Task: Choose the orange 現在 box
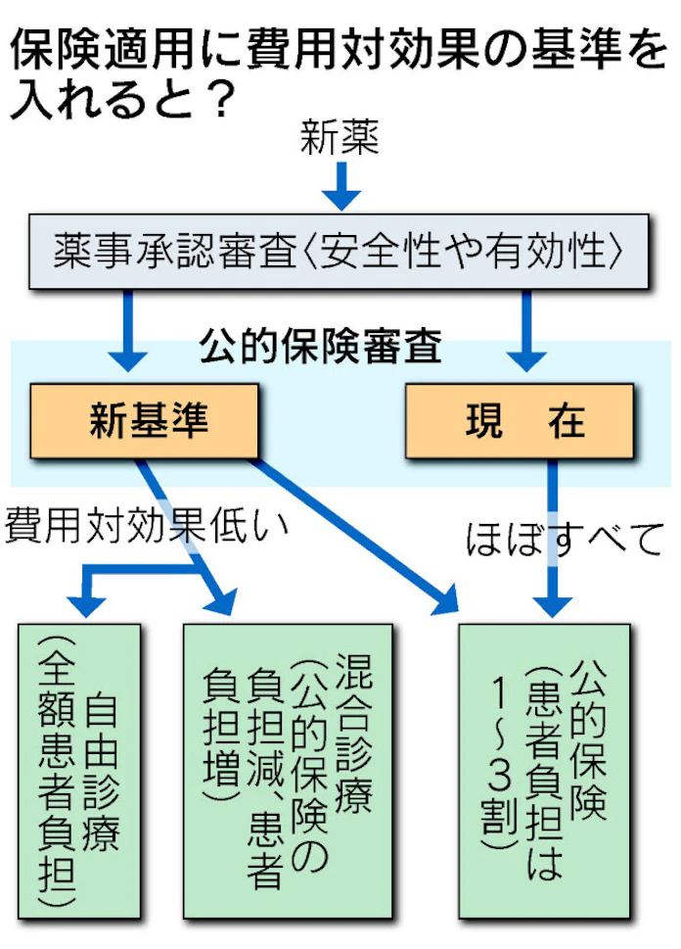tap(526, 421)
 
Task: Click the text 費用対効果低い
tap(147, 526)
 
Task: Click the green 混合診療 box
tap(288, 768)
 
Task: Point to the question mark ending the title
tap(224, 99)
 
